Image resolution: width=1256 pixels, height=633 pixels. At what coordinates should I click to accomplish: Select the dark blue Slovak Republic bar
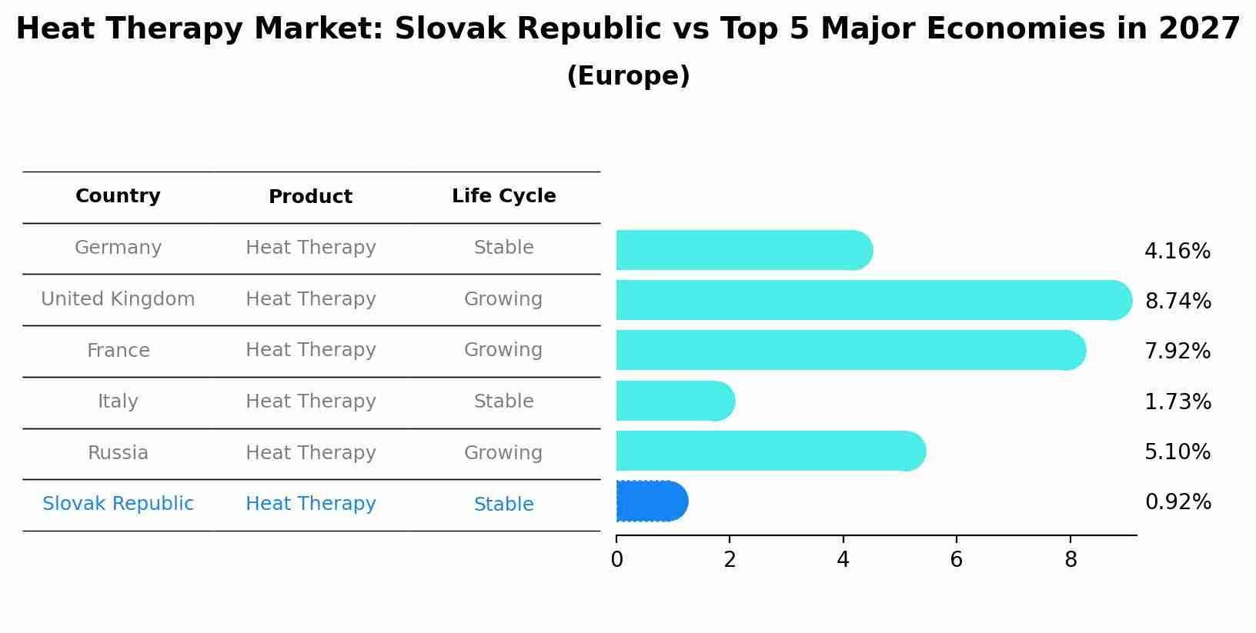click(x=651, y=501)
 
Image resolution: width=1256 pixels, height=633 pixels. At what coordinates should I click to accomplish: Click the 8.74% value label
click(x=1177, y=302)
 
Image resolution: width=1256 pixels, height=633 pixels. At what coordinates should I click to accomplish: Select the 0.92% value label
click(x=1177, y=502)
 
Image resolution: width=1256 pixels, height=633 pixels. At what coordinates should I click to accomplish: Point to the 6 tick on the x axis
click(x=956, y=560)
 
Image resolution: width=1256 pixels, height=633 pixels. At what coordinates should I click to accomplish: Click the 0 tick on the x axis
click(x=616, y=560)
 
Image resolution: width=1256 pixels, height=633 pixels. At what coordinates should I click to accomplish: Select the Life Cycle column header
click(x=503, y=196)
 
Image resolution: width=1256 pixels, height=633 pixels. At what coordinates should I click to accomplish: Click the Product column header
click(x=310, y=197)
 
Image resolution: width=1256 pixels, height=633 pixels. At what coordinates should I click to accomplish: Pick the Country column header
click(x=118, y=196)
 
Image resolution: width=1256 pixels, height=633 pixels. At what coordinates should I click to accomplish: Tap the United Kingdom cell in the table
click(x=118, y=299)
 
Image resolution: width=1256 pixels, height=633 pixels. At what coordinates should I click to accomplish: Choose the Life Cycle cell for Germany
click(x=503, y=248)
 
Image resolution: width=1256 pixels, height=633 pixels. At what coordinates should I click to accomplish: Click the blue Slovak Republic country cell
click(x=118, y=504)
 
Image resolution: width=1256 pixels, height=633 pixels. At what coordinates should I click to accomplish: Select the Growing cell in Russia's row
click(x=503, y=453)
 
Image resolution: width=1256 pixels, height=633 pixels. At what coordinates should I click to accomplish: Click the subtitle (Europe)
click(x=628, y=76)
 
